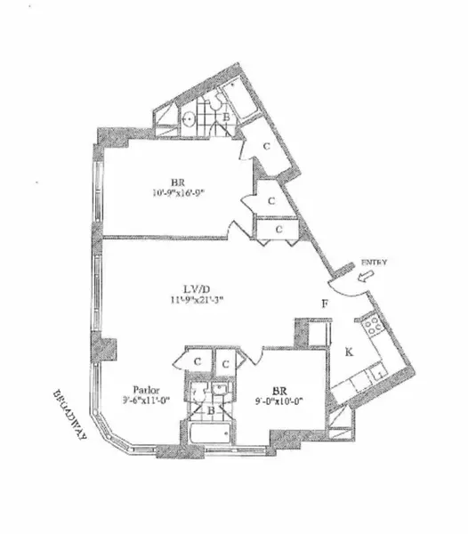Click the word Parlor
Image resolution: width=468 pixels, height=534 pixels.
point(146,389)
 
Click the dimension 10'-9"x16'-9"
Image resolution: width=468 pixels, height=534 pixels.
point(183,190)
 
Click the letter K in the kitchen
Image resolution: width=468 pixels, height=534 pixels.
point(350,352)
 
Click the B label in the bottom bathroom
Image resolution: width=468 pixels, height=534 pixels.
point(210,411)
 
